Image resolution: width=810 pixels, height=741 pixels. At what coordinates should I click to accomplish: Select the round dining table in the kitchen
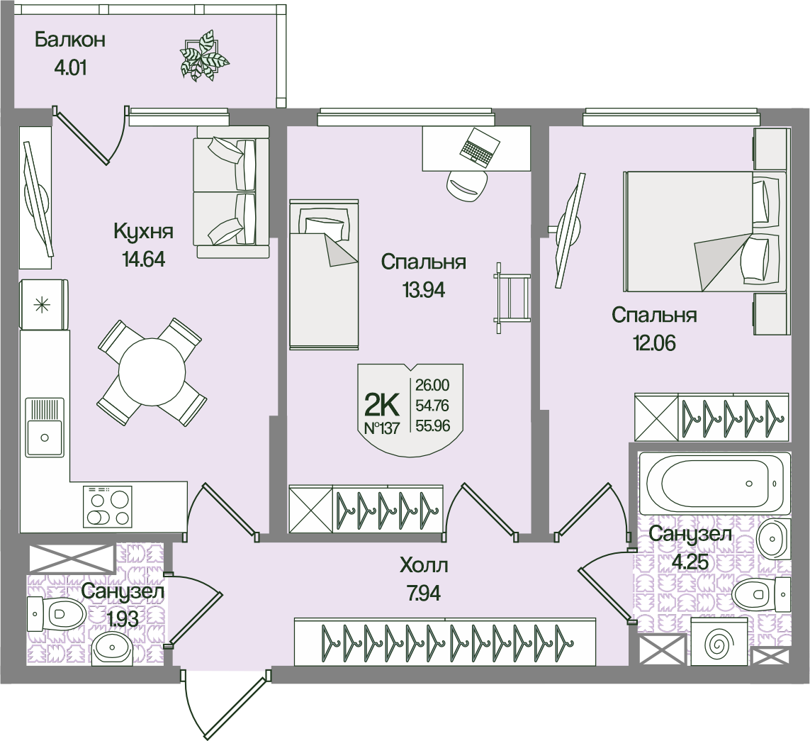click(x=152, y=370)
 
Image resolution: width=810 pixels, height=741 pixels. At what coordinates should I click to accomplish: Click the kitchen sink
click(x=45, y=427)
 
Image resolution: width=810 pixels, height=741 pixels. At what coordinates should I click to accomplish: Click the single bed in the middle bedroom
click(x=324, y=274)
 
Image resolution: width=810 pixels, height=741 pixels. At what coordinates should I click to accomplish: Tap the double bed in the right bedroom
click(x=704, y=230)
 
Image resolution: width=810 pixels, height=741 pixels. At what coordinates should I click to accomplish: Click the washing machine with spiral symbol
click(x=718, y=645)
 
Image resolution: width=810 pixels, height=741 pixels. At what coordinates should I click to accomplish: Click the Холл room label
click(x=424, y=567)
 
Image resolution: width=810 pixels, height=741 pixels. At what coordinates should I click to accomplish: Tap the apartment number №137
click(x=382, y=428)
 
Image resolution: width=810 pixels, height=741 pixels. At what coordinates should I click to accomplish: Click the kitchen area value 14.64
click(x=144, y=260)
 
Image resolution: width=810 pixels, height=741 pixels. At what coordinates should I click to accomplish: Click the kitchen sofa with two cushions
click(x=232, y=191)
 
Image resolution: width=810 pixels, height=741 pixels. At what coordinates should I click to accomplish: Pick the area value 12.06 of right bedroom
click(x=654, y=344)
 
